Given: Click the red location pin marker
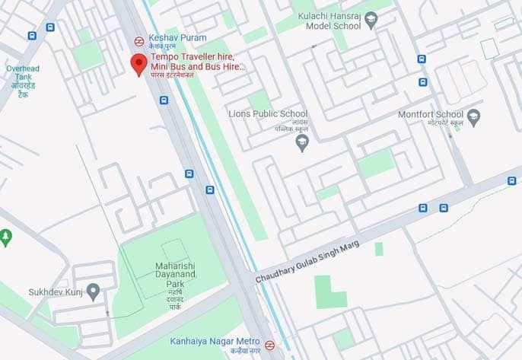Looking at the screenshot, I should pyautogui.click(x=138, y=64).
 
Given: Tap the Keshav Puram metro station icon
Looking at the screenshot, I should pyautogui.click(x=138, y=42).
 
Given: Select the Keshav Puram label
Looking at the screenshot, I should pyautogui.click(x=167, y=37).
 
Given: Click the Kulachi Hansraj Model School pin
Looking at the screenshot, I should pyautogui.click(x=371, y=21).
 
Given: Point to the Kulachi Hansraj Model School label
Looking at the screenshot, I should pyautogui.click(x=328, y=21).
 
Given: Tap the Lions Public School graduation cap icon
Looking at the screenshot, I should pyautogui.click(x=302, y=143).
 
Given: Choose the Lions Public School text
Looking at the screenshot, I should pyautogui.click(x=268, y=114).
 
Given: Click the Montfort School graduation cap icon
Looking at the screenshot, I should pyautogui.click(x=473, y=116).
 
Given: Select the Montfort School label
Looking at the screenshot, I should pyautogui.click(x=430, y=115).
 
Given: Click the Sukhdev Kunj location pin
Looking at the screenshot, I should pyautogui.click(x=93, y=292).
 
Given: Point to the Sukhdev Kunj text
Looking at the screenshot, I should pyautogui.click(x=53, y=291).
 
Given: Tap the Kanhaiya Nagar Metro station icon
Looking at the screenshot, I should pyautogui.click(x=269, y=344).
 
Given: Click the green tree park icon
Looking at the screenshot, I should pyautogui.click(x=5, y=238).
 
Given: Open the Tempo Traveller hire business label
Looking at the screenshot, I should pyautogui.click(x=197, y=62).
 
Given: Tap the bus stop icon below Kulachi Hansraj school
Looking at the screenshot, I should pyautogui.click(x=422, y=59).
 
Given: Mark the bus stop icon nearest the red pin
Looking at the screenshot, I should pyautogui.click(x=164, y=100).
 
